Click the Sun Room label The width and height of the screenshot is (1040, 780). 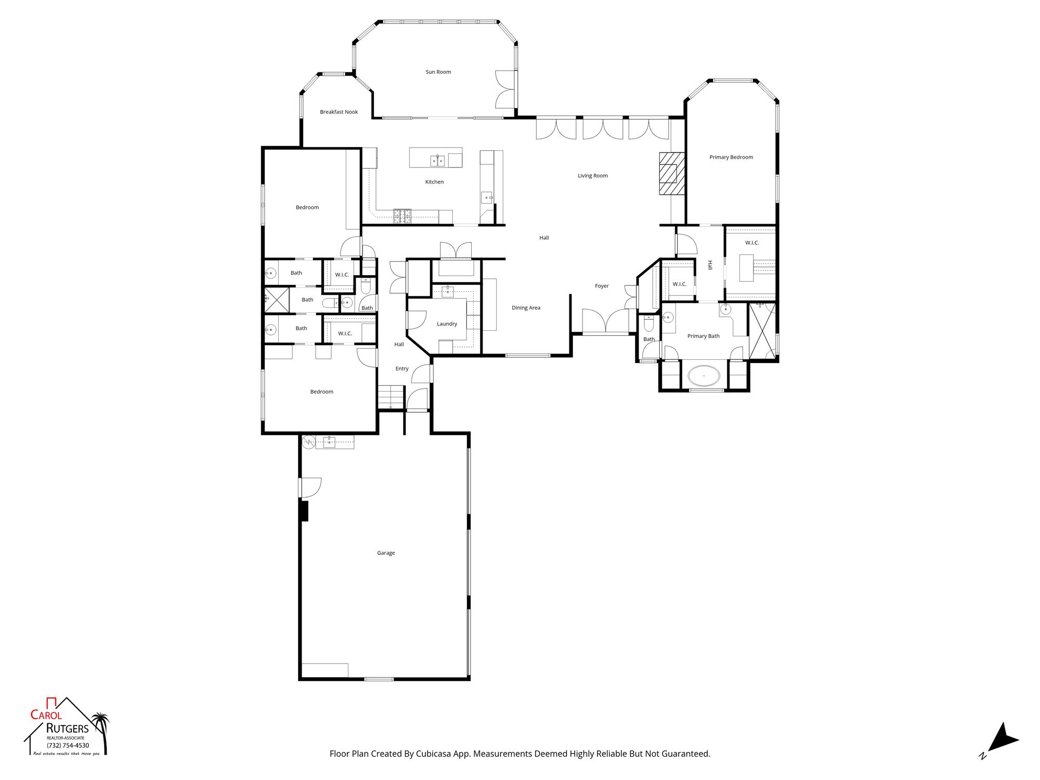pos(438,72)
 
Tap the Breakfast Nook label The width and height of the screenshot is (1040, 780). pos(339,112)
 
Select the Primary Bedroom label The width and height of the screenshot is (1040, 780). pos(731,157)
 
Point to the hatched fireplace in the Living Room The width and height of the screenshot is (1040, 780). pos(672,174)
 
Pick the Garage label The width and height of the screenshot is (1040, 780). pos(386,553)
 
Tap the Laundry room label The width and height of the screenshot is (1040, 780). pos(447,324)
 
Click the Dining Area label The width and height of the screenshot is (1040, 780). pos(526,308)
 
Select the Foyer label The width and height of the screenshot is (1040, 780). pos(602,286)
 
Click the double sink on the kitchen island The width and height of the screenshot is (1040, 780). pos(437,161)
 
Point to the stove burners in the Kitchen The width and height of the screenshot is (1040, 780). pos(402,216)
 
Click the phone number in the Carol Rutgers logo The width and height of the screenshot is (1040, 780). pos(68,745)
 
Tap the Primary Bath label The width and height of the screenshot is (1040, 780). pos(704,336)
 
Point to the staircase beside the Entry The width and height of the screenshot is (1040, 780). pos(391,397)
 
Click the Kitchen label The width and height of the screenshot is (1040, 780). pos(435,182)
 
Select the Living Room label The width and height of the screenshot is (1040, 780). pos(593,176)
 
